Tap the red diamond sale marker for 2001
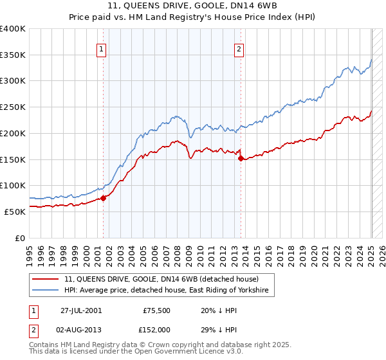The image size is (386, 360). pos(103,198)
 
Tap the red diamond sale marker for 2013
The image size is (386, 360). pos(240,157)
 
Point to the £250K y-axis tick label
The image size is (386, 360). pos(13,107)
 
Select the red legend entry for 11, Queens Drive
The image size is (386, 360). pos(161,280)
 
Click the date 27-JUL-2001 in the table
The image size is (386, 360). pos(80,310)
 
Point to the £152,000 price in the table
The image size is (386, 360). pos(156,329)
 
